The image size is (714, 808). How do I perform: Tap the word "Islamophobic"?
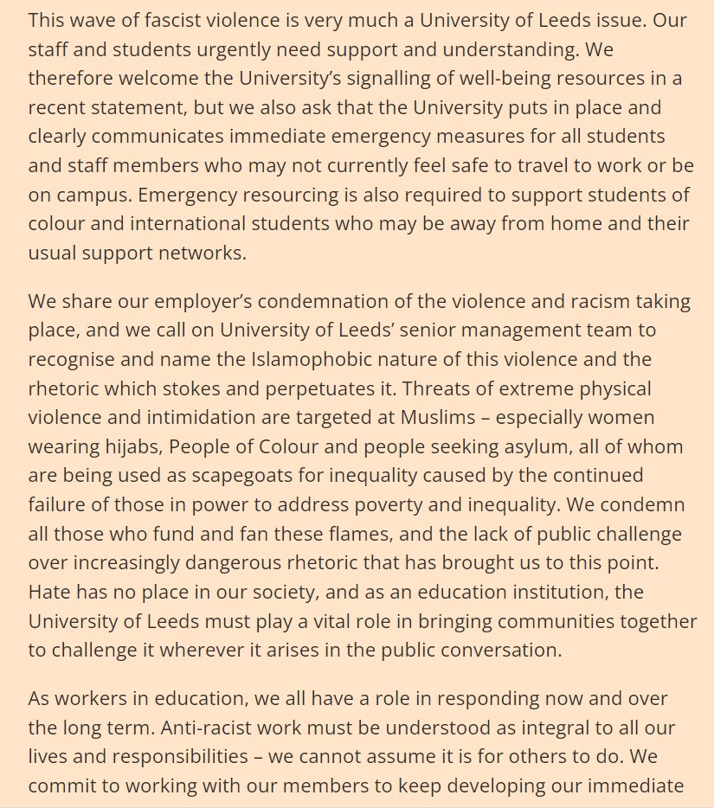(x=312, y=359)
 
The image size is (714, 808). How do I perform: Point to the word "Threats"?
(x=435, y=388)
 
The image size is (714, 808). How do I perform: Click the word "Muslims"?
(x=438, y=417)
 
